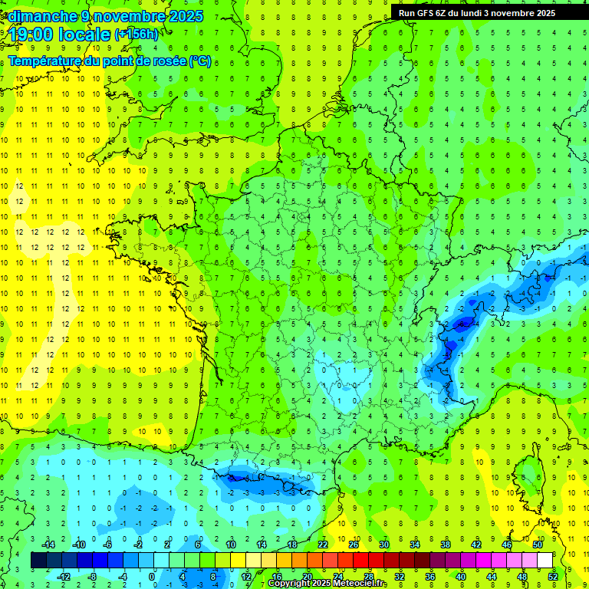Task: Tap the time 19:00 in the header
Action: pyautogui.click(x=34, y=34)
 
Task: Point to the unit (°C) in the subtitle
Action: pyautogui.click(x=200, y=61)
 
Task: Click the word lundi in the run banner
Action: pyautogui.click(x=475, y=13)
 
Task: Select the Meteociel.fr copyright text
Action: pyautogui.click(x=327, y=584)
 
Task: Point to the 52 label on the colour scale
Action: pyautogui.click(x=553, y=576)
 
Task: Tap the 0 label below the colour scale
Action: pyautogui.click(x=153, y=576)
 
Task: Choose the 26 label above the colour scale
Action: pyautogui.click(x=353, y=545)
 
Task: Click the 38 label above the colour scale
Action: pyautogui.click(x=445, y=545)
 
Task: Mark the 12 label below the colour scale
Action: pyautogui.click(x=245, y=576)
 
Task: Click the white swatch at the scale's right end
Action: pyautogui.click(x=545, y=561)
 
